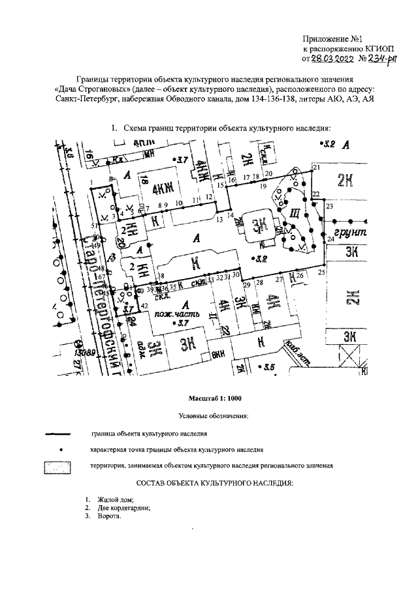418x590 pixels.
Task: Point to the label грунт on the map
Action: pyautogui.click(x=350, y=233)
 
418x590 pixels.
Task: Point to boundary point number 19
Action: pyautogui.click(x=263, y=186)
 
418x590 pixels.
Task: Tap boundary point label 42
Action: pyautogui.click(x=144, y=305)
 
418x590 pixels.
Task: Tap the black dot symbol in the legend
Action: pyautogui.click(x=61, y=449)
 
